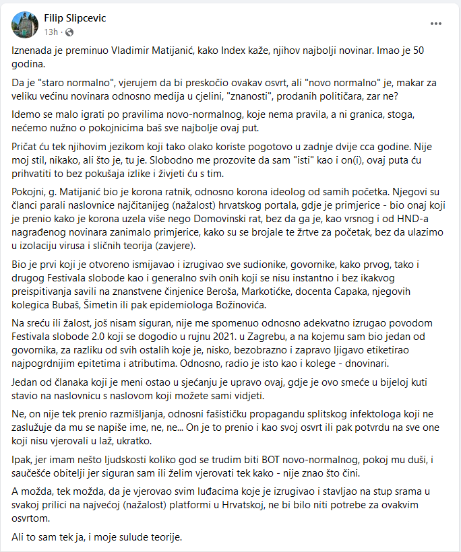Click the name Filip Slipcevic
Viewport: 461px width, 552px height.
tap(74, 18)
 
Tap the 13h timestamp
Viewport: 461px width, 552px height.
tap(51, 32)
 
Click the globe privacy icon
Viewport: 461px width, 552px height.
tap(69, 32)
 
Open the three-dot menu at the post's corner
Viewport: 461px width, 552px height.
tap(437, 24)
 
